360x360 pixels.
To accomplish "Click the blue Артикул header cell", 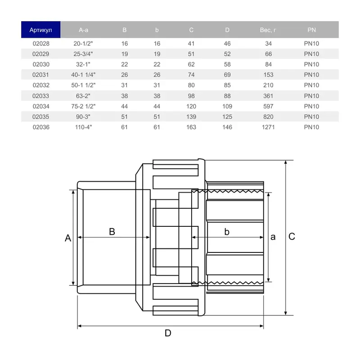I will coord(41,30).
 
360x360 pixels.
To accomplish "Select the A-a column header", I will coord(84,30).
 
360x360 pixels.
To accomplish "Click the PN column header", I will coord(311,30).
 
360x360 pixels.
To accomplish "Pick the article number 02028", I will coord(41,44).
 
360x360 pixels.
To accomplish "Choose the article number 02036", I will coord(41,127).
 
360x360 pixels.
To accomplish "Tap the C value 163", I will coord(191,127).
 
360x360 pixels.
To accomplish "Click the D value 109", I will coord(227,106).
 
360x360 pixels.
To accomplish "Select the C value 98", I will coord(191,96).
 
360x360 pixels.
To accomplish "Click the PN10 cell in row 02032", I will coord(311,85).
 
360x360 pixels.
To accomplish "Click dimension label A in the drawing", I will coord(68,238).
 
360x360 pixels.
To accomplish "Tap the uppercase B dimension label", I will coord(112,232).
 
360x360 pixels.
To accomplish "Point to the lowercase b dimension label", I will coord(227,232).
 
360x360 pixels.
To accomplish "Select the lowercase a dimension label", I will coord(273,237).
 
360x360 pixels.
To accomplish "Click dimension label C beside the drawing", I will coord(292,237).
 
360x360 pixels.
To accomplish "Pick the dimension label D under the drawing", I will coord(168,333).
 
